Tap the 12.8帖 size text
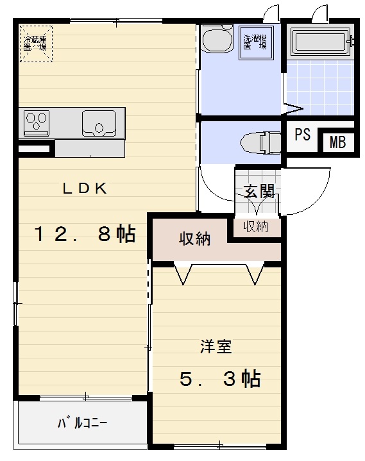click(x=84, y=234)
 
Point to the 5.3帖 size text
click(x=219, y=380)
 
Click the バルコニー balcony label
click(x=82, y=423)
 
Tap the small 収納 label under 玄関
click(x=256, y=226)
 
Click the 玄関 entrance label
click(x=259, y=192)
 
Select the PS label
click(x=302, y=135)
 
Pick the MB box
click(x=337, y=142)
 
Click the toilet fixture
click(x=260, y=142)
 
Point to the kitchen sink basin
click(x=99, y=121)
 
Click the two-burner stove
click(x=37, y=121)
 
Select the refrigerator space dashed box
click(x=35, y=43)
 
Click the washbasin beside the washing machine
click(x=217, y=41)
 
